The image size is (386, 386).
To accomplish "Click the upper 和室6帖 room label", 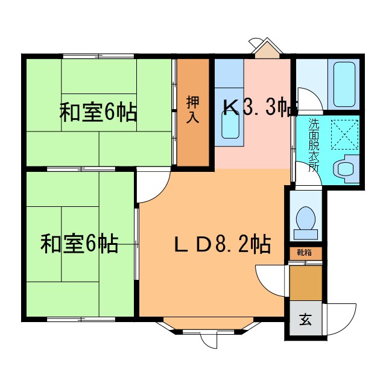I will [97, 113].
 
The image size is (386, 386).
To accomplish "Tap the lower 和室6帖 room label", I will [79, 244].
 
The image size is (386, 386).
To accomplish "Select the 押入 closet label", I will [192, 110].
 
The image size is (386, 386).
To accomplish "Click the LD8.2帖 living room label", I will [222, 244].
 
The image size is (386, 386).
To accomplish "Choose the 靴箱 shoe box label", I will [305, 253].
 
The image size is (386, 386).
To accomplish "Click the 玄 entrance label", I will [305, 318].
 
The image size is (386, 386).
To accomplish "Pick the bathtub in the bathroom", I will [344, 84].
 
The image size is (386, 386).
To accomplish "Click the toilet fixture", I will [306, 221].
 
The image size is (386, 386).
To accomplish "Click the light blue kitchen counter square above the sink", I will [229, 74].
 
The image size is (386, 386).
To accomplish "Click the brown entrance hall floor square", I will [305, 282].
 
